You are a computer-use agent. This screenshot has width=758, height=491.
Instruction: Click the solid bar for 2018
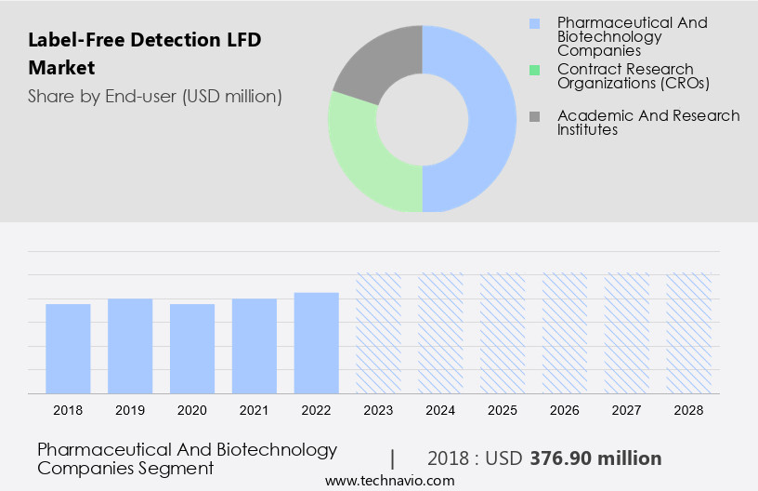click(x=68, y=349)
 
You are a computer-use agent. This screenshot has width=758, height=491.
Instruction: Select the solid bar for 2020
click(x=192, y=349)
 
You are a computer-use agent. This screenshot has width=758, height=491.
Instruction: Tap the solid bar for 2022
click(x=317, y=343)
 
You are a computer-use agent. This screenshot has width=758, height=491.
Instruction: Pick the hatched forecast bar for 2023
click(x=379, y=333)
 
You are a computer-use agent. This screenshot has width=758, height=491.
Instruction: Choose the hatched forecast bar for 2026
click(x=566, y=333)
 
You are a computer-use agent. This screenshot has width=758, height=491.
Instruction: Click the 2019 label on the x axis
click(x=130, y=410)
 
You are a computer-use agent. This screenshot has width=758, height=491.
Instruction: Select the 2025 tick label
click(x=503, y=410)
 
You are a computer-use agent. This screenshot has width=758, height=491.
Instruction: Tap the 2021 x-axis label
click(x=255, y=410)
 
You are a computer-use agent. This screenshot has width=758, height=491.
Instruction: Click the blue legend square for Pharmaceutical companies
click(x=534, y=22)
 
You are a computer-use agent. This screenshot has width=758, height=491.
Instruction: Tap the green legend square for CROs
click(x=534, y=70)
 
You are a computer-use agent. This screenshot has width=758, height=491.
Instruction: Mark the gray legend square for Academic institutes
click(x=534, y=116)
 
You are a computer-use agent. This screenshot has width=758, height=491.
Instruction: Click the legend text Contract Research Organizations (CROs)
click(x=633, y=76)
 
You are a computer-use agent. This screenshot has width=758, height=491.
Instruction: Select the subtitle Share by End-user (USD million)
click(x=154, y=96)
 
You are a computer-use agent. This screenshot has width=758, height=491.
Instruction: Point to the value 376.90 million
click(x=595, y=458)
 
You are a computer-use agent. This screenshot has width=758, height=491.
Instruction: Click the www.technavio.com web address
click(x=390, y=481)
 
